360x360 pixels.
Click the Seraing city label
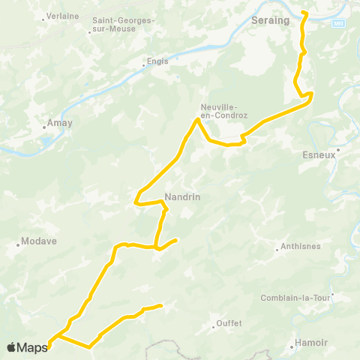pos(271,20)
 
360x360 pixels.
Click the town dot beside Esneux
pos(338,149)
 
